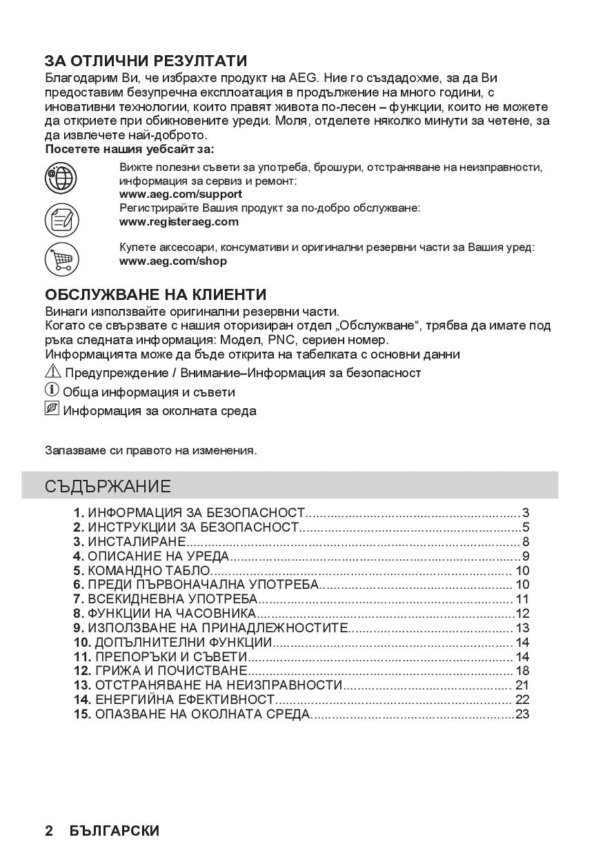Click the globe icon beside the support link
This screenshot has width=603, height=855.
coord(61,179)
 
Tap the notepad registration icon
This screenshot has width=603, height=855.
coord(61,221)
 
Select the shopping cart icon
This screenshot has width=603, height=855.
coord(61,260)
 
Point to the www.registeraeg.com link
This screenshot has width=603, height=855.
coord(179,221)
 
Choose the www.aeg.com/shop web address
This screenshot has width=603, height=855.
coord(173,261)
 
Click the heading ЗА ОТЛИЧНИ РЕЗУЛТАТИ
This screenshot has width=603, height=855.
coord(146,61)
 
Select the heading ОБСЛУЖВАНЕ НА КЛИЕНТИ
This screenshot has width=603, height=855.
coord(155,294)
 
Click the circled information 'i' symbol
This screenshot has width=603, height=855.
coord(52,391)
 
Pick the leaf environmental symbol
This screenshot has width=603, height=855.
coord(52,410)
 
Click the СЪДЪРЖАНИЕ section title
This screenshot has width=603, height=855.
coord(108,485)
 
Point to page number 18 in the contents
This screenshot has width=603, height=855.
coord(522,671)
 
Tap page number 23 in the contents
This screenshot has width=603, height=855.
coord(522,714)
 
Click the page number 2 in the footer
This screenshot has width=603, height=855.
coord(49,831)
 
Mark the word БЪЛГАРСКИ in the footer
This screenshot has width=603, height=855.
coord(114,831)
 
